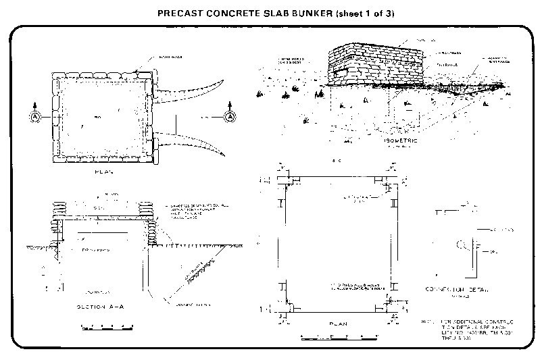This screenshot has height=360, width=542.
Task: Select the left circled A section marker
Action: tap(35, 117)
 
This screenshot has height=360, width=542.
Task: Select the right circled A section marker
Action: tap(230, 117)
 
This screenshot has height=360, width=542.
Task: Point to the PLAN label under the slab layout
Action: tap(337, 324)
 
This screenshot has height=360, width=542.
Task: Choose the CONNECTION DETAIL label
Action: tap(466, 289)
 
